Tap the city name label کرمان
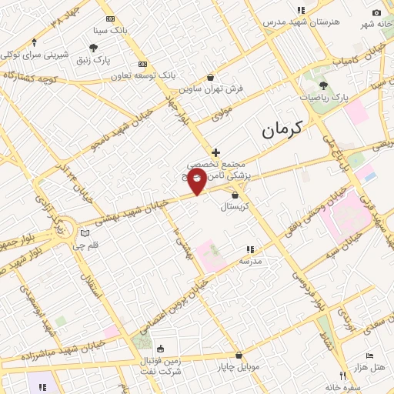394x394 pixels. pyautogui.click(x=282, y=129)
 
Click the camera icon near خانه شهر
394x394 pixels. pyautogui.click(x=376, y=12)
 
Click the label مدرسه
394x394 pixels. pyautogui.click(x=250, y=261)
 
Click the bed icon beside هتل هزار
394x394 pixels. pyautogui.click(x=370, y=356)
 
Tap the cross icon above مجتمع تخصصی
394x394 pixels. pyautogui.click(x=216, y=152)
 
